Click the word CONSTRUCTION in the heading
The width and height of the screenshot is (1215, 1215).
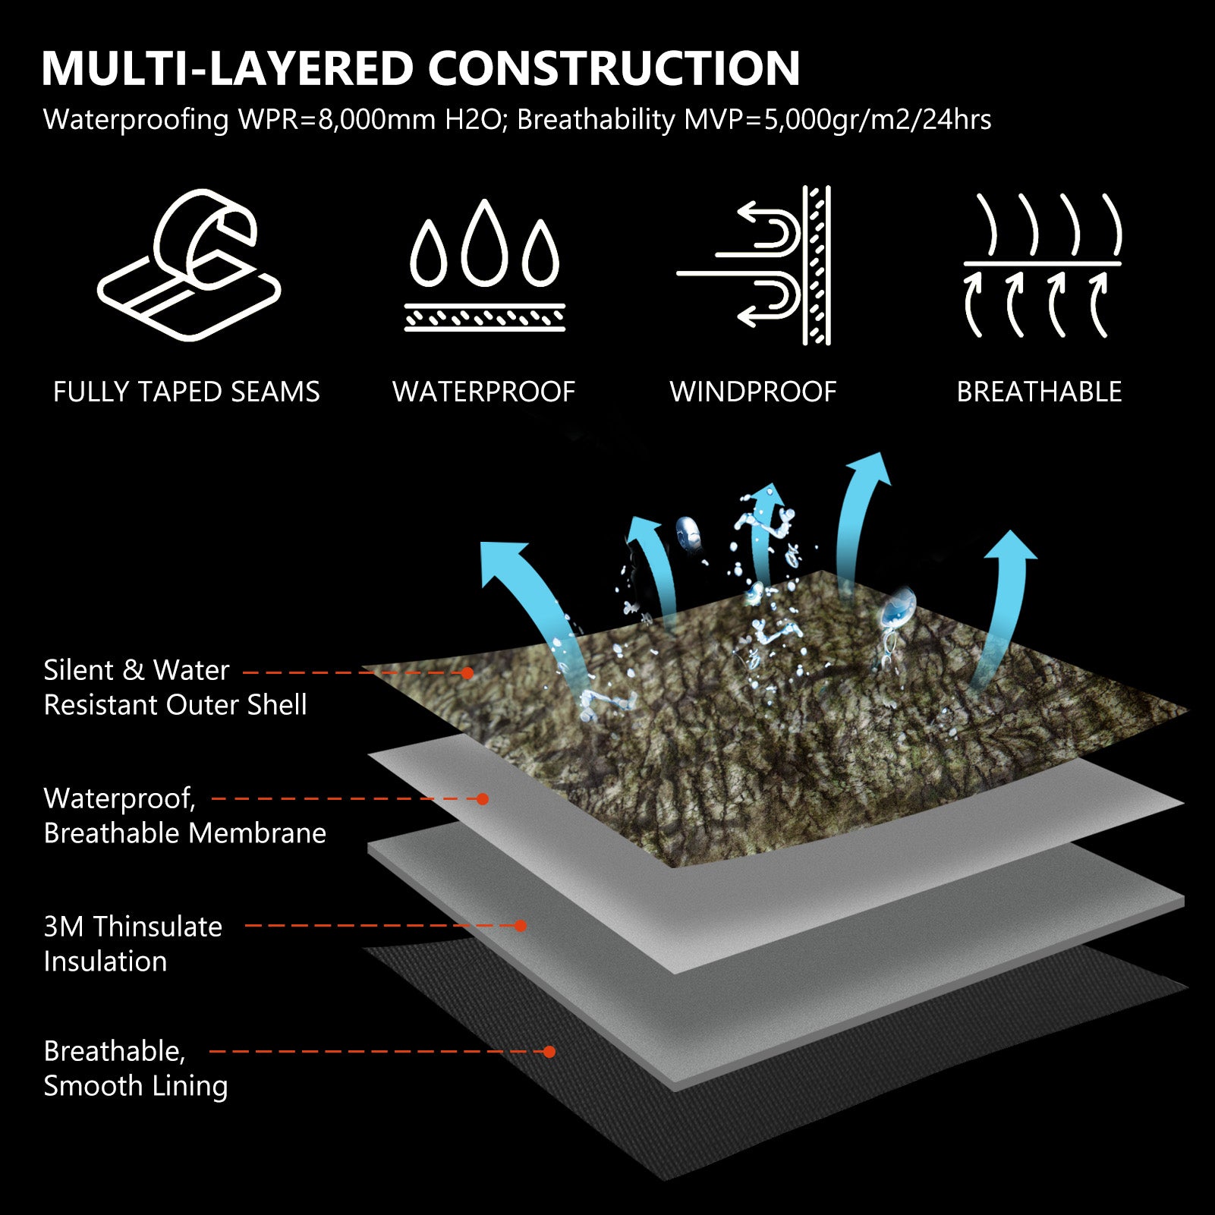pyautogui.click(x=614, y=68)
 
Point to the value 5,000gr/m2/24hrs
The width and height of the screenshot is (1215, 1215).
pyautogui.click(x=877, y=120)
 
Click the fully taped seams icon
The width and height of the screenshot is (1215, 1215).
pyautogui.click(x=189, y=265)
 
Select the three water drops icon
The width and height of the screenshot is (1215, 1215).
pyautogui.click(x=484, y=265)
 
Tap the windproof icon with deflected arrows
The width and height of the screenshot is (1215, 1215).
pyautogui.click(x=754, y=265)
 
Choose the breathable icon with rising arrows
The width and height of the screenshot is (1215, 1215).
pyautogui.click(x=1042, y=265)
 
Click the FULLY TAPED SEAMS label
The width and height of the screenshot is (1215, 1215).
pyautogui.click(x=187, y=392)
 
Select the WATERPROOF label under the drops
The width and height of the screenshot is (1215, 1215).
pyautogui.click(x=483, y=392)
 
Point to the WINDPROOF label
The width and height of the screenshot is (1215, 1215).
pyautogui.click(x=753, y=392)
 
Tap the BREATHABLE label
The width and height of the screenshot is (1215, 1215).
pyautogui.click(x=1039, y=392)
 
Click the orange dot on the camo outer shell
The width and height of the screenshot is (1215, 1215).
pyautogui.click(x=467, y=673)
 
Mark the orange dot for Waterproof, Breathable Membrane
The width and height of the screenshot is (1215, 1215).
pyautogui.click(x=482, y=798)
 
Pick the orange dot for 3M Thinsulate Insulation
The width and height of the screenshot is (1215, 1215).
pyautogui.click(x=521, y=926)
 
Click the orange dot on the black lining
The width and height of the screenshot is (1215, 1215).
pyautogui.click(x=549, y=1052)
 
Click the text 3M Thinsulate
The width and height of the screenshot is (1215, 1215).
pyautogui.click(x=133, y=927)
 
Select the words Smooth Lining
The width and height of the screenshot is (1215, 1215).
pyautogui.click(x=136, y=1086)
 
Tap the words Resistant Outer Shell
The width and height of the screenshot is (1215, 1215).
pyautogui.click(x=175, y=705)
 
